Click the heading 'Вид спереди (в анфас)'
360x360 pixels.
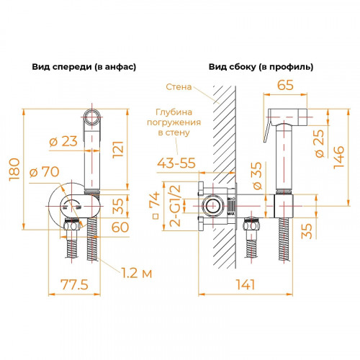(84, 66)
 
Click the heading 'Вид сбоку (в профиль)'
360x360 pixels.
(261, 66)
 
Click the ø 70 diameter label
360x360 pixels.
(45, 173)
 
